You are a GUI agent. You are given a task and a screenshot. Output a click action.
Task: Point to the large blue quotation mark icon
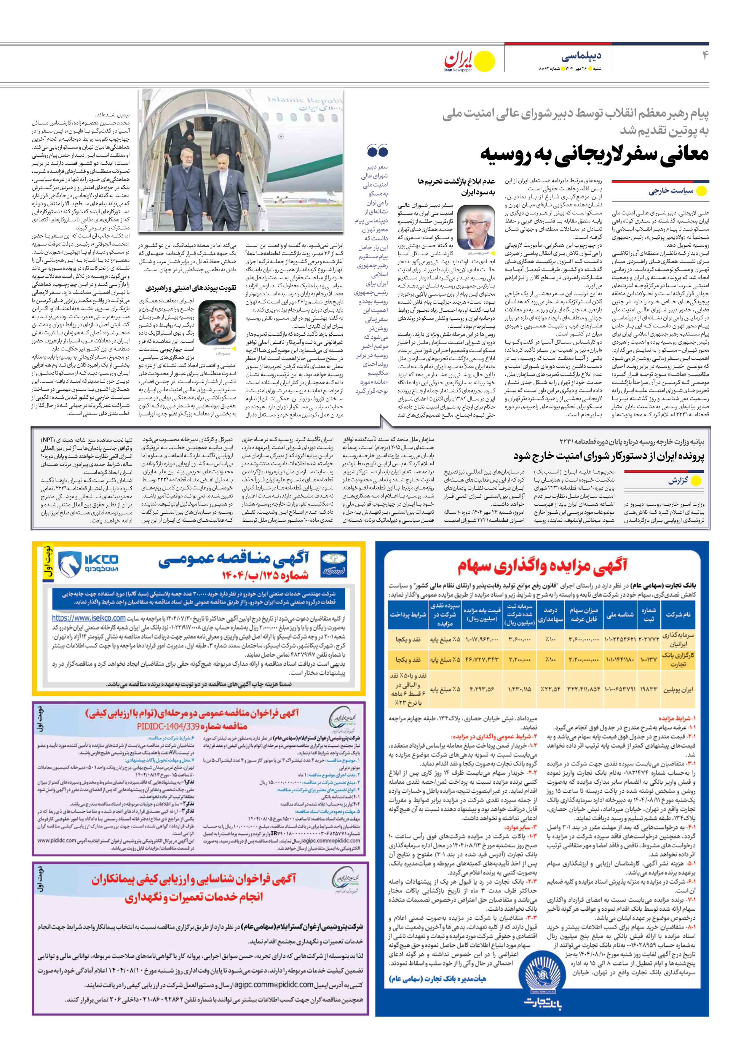pos(377,151)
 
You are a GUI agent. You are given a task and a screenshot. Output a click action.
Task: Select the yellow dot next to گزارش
pos(696,481)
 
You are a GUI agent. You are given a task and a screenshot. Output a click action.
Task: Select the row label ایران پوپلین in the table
pos(677,690)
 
